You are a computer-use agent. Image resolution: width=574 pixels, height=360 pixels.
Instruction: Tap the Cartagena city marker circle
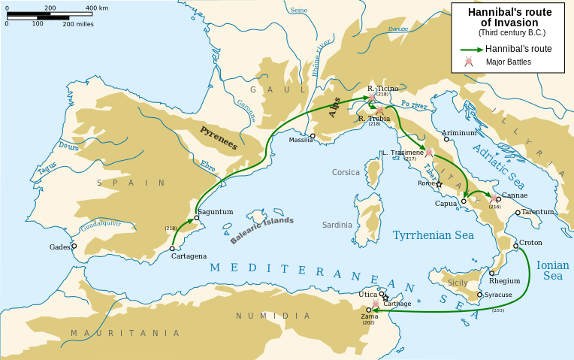tap(173, 248)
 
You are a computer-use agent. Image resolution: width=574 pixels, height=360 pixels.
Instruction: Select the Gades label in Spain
tap(60, 247)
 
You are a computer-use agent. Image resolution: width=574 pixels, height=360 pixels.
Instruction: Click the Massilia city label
tap(301, 141)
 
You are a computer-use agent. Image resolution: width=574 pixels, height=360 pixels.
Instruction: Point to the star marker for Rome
tap(440, 184)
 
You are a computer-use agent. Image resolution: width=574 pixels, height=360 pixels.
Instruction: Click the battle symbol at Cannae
tap(493, 199)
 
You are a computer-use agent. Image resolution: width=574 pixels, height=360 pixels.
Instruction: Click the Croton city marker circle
tap(515, 246)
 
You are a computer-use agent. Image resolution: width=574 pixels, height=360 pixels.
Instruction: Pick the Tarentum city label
tap(539, 212)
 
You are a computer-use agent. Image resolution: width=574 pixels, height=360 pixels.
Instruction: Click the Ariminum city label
tap(459, 132)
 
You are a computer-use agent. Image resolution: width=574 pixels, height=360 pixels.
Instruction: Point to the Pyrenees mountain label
tap(218, 136)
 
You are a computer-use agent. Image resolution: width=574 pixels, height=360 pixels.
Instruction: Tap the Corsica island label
tap(346, 172)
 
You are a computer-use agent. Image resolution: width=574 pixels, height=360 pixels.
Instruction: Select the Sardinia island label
tap(337, 225)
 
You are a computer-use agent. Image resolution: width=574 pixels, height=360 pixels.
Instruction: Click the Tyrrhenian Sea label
tap(434, 235)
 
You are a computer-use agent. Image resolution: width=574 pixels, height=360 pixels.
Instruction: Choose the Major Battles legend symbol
tap(469, 62)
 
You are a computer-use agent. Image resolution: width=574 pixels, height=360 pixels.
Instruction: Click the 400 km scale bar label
tap(97, 8)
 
